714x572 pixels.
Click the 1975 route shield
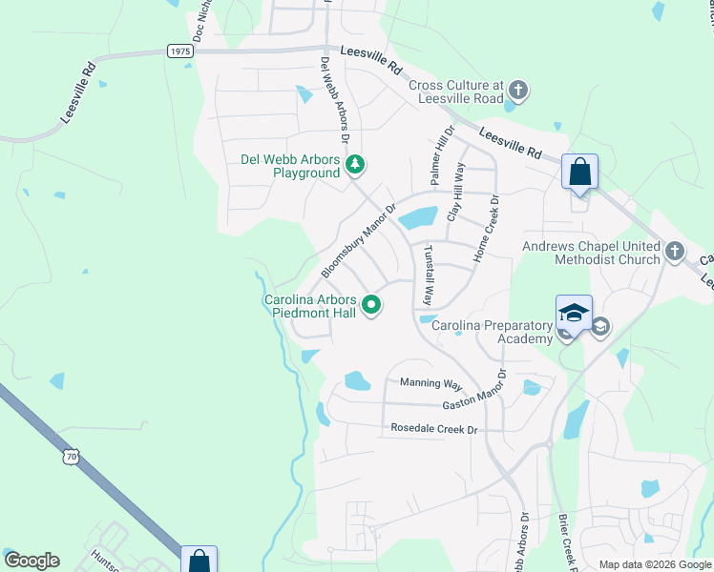click(x=178, y=51)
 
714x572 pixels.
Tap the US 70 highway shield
click(x=72, y=458)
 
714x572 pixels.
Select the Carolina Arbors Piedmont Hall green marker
click(x=371, y=306)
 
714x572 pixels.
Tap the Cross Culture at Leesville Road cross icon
click(x=518, y=92)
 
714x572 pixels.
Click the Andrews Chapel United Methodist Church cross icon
click(x=675, y=252)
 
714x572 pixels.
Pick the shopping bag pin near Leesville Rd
click(x=579, y=174)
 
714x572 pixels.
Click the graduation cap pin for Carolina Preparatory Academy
click(x=574, y=313)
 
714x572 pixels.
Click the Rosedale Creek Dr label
click(x=433, y=430)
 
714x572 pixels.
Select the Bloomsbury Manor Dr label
click(x=358, y=240)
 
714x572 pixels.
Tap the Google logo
click(x=31, y=561)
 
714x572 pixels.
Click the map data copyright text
click(x=654, y=564)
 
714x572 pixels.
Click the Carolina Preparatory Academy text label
click(x=493, y=333)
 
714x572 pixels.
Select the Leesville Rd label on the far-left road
click(x=79, y=93)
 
